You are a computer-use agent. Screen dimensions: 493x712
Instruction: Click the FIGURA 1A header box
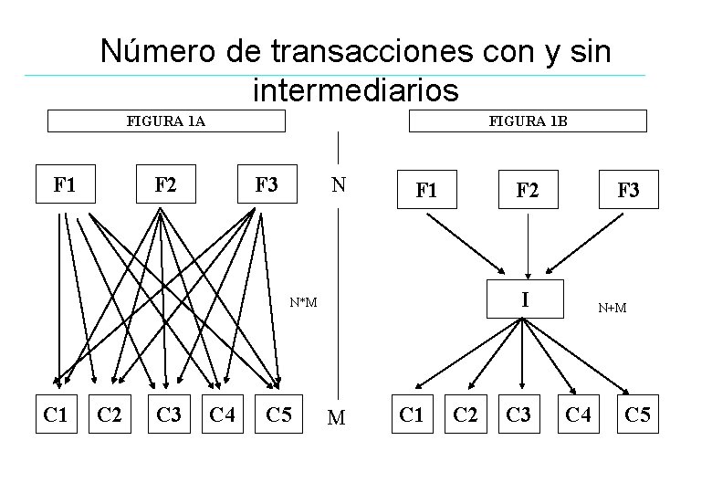(165, 121)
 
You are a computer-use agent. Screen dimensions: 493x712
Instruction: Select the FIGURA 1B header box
(528, 121)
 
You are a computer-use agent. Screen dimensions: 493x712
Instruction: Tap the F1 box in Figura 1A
(65, 185)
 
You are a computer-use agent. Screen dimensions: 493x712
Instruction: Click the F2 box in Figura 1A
(165, 185)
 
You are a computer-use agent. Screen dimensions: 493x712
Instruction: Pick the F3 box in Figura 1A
(267, 185)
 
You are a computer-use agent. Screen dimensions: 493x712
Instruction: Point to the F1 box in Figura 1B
(426, 191)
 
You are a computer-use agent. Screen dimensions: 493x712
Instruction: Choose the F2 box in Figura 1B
(527, 191)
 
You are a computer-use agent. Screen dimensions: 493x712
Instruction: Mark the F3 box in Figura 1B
(628, 191)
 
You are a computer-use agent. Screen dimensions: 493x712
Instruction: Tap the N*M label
(303, 302)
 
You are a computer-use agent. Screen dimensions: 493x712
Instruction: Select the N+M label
(612, 308)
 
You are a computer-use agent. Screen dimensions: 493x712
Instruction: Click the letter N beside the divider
(339, 185)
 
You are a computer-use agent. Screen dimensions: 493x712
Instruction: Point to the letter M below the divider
(337, 418)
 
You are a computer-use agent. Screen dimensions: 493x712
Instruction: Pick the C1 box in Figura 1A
(57, 415)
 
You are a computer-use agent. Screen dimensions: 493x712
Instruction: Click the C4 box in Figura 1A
(222, 415)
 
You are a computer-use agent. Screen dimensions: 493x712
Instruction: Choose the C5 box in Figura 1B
(637, 415)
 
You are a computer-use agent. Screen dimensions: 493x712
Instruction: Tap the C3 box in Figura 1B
(518, 415)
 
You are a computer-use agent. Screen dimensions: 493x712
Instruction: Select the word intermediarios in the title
(355, 90)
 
